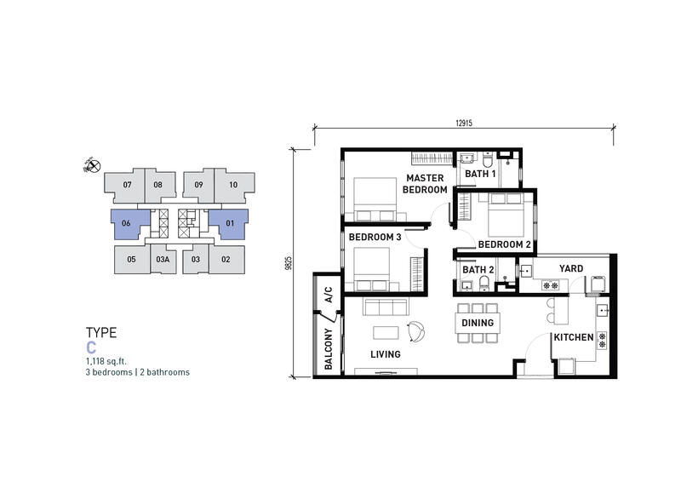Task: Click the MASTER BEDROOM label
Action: tap(425, 184)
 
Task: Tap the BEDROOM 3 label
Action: tap(375, 238)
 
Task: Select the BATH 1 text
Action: tap(480, 174)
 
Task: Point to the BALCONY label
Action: tap(329, 349)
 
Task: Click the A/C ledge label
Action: tap(329, 295)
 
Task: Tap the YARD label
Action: tap(571, 268)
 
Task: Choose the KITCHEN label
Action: tap(573, 337)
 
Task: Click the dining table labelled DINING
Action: tap(478, 323)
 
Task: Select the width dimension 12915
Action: tap(464, 123)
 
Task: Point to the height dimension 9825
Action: tap(289, 263)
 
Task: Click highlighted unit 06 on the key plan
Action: tap(130, 224)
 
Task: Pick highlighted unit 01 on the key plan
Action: tap(229, 224)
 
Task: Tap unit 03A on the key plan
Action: tap(163, 260)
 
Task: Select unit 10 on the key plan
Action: tap(234, 185)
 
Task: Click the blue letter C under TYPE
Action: tap(91, 347)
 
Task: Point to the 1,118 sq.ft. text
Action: tap(106, 361)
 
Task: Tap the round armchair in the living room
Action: tap(415, 331)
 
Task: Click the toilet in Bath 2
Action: tap(484, 284)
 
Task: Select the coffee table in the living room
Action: tap(386, 333)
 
